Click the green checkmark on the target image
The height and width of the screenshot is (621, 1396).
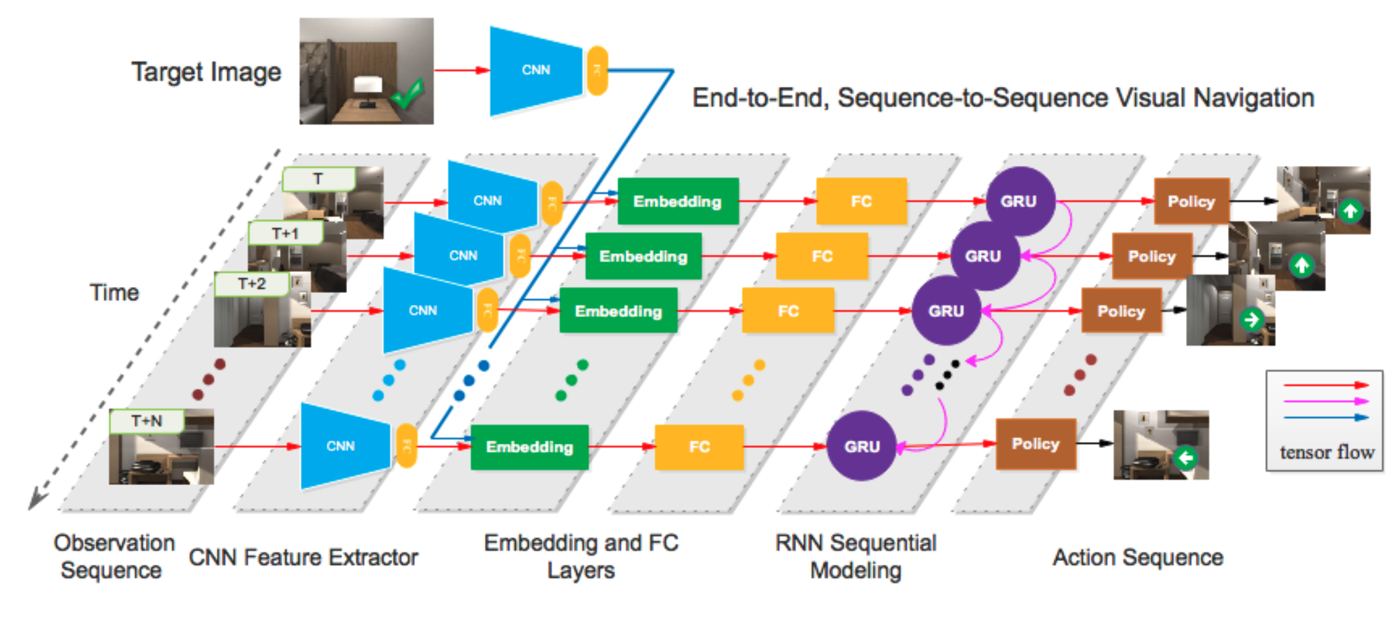407,95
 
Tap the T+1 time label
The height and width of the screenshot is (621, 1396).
285,233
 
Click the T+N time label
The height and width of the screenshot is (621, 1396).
146,421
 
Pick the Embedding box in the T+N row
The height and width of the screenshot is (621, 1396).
529,447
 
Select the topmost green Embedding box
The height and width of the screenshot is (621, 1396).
677,201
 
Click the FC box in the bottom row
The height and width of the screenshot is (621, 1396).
699,447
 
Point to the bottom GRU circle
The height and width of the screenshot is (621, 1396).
861,446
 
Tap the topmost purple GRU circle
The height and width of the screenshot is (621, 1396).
1019,201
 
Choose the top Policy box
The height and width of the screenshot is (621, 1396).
1191,201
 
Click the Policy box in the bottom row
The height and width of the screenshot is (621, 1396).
1035,445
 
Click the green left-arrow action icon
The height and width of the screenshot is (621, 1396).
1186,458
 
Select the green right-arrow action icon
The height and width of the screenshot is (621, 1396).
1252,320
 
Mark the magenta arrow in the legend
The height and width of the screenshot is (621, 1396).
1325,401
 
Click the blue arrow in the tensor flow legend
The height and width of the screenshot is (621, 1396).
1325,417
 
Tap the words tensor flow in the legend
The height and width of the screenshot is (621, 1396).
1326,452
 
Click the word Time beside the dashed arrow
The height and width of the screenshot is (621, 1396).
114,292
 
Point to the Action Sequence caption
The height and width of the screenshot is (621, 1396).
1137,558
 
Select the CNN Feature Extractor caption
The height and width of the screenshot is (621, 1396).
303,558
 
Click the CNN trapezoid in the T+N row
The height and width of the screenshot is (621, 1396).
341,446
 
